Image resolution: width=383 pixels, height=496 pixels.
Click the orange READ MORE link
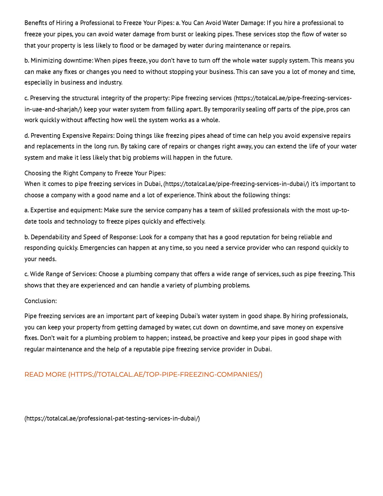pyautogui.click(x=143, y=375)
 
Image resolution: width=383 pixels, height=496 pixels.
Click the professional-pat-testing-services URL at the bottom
pyautogui.click(x=112, y=418)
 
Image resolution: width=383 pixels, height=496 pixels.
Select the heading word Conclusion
pyautogui.click(x=40, y=301)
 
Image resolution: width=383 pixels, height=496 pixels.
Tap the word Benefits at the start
pyautogui.click(x=35, y=23)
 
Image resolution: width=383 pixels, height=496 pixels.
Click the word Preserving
pyautogui.click(x=45, y=98)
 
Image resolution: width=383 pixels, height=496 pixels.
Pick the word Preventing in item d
pyautogui.click(x=46, y=136)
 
